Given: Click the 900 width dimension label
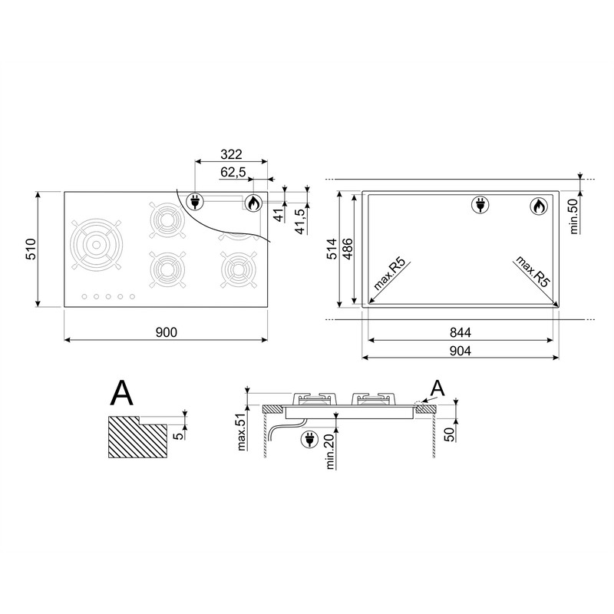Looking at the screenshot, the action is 167,332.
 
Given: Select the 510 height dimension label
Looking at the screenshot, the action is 31,249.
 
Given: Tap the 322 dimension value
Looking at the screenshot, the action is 231,154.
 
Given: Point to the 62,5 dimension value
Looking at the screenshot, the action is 233,172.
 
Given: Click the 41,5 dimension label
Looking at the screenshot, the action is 300,222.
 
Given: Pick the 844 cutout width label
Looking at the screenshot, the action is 460,332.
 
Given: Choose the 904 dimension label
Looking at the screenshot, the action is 460,351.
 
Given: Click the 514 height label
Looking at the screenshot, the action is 332,249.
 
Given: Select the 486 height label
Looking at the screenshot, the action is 348,249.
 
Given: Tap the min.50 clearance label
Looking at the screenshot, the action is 573,216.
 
